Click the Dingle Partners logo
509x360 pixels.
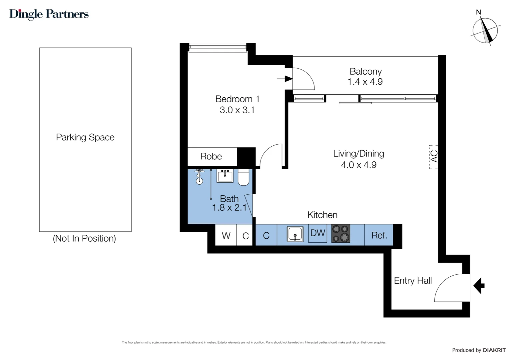[x=49, y=14]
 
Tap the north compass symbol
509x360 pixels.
[x=485, y=30]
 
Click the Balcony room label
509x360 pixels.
[x=365, y=71]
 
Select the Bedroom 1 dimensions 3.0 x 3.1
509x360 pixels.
[x=237, y=110]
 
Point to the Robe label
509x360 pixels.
[x=211, y=156]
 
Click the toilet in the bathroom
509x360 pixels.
[x=244, y=177]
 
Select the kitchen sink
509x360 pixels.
[x=295, y=234]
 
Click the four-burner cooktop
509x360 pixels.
[x=340, y=233]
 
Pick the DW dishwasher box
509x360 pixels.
[x=317, y=233]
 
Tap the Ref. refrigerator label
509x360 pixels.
[x=379, y=235]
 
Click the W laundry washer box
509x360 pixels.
[x=226, y=235]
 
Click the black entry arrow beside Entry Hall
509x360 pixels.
[x=479, y=286]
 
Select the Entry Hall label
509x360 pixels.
[x=413, y=281]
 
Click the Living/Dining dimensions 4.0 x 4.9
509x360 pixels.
[x=358, y=165]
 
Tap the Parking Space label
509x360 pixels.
[x=85, y=137]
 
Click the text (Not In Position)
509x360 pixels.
[x=84, y=238]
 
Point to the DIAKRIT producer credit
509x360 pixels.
[x=494, y=350]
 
